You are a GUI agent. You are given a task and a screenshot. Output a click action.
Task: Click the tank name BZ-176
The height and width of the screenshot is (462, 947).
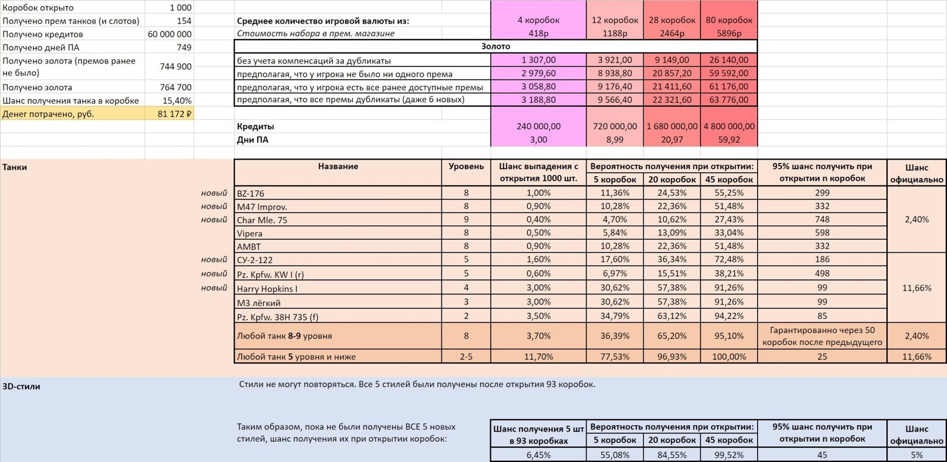(x=251, y=193)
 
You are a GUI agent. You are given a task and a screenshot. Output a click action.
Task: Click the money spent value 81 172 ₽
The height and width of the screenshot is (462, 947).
(x=174, y=114)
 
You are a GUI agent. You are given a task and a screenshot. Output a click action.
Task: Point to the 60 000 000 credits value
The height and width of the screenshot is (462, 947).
(x=170, y=34)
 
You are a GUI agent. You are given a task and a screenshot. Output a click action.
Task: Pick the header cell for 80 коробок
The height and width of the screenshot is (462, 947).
(x=728, y=20)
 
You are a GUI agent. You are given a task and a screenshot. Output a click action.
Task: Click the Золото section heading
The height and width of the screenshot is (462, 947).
(x=495, y=46)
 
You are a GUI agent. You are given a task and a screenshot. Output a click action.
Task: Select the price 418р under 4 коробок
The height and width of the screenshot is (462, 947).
(x=538, y=34)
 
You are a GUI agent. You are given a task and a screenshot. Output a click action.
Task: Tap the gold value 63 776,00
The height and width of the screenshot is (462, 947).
(x=728, y=100)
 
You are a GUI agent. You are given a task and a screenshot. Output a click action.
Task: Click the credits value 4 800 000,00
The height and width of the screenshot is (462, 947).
(x=728, y=126)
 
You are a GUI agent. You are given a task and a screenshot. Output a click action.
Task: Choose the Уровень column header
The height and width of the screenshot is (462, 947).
(x=466, y=166)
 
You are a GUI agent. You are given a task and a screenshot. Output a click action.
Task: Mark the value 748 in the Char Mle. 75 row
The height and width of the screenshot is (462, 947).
(x=822, y=220)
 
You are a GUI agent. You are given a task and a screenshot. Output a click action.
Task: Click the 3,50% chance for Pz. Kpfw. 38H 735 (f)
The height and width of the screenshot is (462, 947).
(x=538, y=316)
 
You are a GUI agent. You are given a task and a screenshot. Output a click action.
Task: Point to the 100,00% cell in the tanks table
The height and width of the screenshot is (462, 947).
(x=728, y=356)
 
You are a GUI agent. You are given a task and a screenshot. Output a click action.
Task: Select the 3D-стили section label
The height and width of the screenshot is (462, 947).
(x=21, y=386)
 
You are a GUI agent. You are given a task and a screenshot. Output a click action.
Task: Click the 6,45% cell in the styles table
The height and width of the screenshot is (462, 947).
(x=538, y=455)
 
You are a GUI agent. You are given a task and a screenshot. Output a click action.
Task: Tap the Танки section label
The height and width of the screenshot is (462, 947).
(x=15, y=167)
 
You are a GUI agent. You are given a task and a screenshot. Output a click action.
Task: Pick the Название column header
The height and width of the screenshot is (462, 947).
(x=338, y=166)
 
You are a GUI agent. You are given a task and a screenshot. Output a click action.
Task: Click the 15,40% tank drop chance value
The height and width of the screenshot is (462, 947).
(x=177, y=101)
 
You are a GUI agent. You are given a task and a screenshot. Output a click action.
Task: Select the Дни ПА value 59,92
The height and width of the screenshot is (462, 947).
(x=728, y=140)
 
